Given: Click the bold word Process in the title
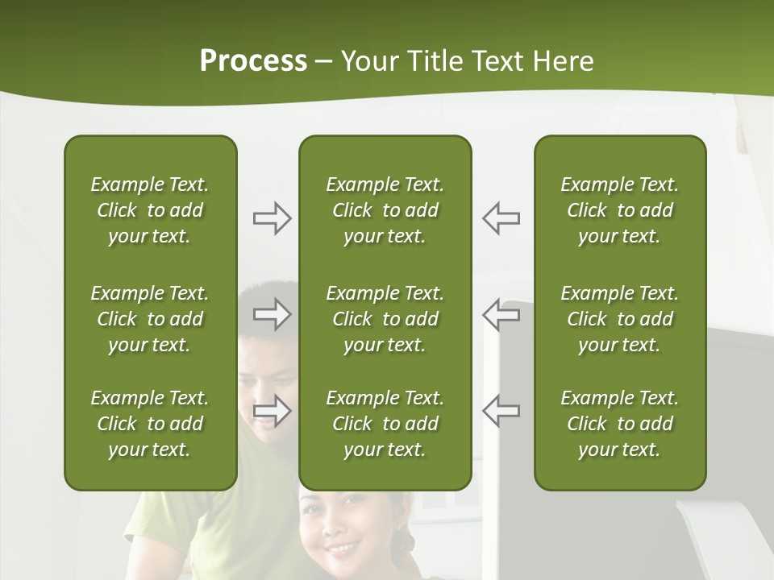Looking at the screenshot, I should [x=253, y=61].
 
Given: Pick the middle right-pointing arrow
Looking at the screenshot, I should [x=272, y=314].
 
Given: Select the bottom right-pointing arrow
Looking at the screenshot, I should [x=272, y=410].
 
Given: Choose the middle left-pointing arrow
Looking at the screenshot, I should [x=501, y=314].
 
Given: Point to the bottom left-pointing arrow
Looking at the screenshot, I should [x=501, y=410].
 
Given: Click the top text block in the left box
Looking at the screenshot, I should [x=150, y=210].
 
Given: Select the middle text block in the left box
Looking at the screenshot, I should [x=150, y=319].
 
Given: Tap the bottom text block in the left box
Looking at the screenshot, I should [x=150, y=424].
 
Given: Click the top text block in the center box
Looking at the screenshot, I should [x=385, y=210].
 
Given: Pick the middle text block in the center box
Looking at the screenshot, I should [x=385, y=319].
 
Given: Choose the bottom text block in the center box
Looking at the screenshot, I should [x=385, y=424].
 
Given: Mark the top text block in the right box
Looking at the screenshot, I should [x=620, y=210].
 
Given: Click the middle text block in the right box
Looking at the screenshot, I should [x=620, y=319].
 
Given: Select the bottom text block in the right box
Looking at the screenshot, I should [x=620, y=424].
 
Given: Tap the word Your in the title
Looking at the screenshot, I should [x=369, y=61].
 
